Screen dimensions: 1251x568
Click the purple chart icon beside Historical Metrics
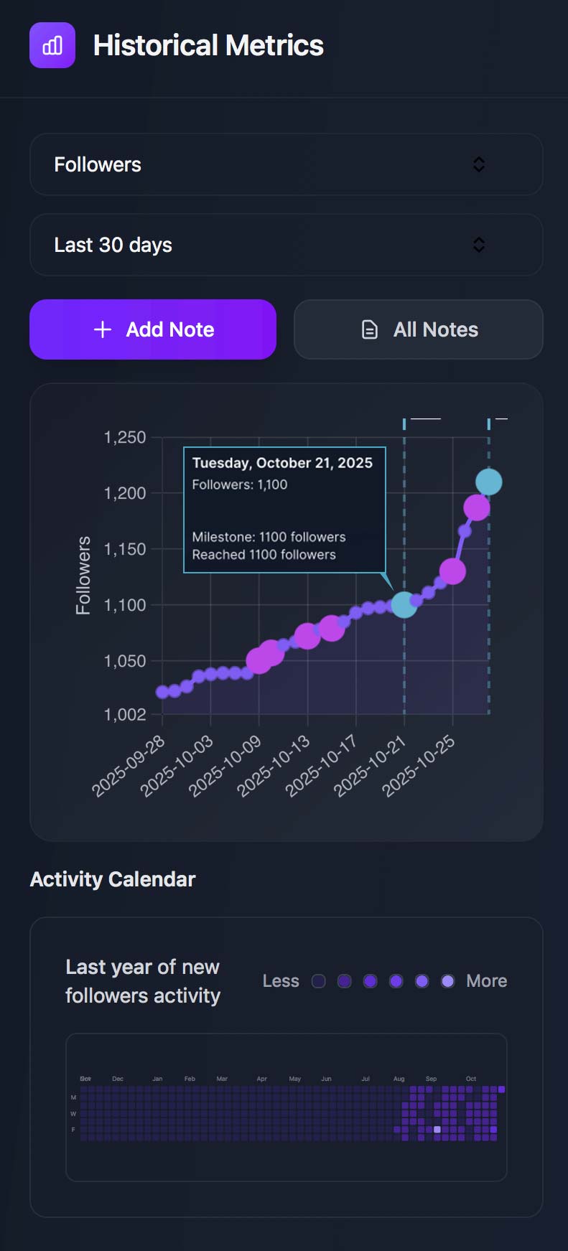coord(52,45)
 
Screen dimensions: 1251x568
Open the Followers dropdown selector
coord(286,164)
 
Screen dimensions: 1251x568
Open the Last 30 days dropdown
coord(286,245)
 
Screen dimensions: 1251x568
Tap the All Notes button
coord(419,329)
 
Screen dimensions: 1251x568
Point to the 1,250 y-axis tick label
coord(125,437)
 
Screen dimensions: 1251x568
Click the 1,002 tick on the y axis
coord(125,714)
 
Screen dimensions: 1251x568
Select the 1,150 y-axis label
coord(125,549)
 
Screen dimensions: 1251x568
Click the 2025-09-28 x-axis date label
coord(129,766)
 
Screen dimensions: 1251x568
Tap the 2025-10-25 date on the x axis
coord(419,766)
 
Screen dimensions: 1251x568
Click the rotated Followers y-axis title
coord(83,576)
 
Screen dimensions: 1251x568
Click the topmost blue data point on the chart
coord(489,482)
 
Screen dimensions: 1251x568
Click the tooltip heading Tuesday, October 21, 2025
coord(282,463)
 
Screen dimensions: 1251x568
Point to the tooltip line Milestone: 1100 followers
coord(269,537)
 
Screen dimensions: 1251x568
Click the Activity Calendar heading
coord(113,879)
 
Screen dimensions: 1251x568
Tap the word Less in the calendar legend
coord(281,981)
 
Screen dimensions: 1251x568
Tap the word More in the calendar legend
coord(487,981)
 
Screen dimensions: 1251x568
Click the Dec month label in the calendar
coord(118,1079)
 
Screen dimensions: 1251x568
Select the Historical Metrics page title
coord(208,45)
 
